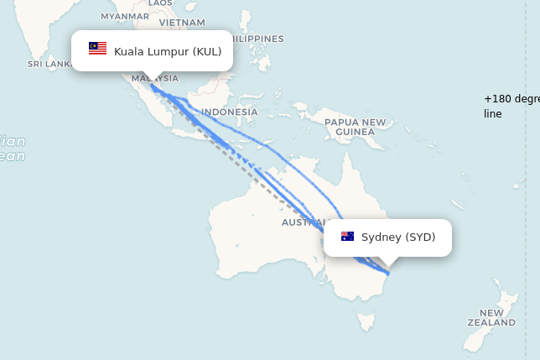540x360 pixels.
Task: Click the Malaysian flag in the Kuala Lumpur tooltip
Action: coord(98,49)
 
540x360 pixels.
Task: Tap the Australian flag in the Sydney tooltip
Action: coord(347,237)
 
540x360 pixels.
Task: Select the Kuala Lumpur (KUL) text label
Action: coord(168,52)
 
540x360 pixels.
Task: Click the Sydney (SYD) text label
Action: coord(398,237)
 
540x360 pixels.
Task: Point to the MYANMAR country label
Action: coord(124,16)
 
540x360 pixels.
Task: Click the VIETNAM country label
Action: coord(182,22)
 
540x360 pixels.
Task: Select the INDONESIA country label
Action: coord(230,112)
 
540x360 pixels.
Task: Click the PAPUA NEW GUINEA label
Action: coord(355,127)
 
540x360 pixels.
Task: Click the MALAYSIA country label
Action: coord(154,79)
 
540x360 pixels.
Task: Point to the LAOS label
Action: coord(159,3)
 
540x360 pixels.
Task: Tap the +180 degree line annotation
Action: coord(511,106)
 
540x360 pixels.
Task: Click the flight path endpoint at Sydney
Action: coord(387,273)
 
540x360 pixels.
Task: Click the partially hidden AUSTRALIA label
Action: coord(303,222)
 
